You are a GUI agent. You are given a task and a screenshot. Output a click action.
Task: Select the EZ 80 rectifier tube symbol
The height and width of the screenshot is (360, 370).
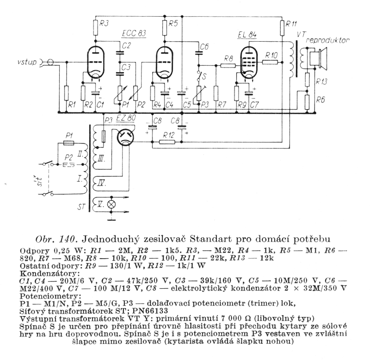125,138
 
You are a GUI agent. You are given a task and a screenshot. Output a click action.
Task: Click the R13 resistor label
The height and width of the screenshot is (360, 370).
321,81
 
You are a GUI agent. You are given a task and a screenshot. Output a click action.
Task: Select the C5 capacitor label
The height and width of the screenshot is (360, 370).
187,105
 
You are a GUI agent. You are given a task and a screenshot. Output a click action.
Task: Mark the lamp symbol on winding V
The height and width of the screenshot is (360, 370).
111,205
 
